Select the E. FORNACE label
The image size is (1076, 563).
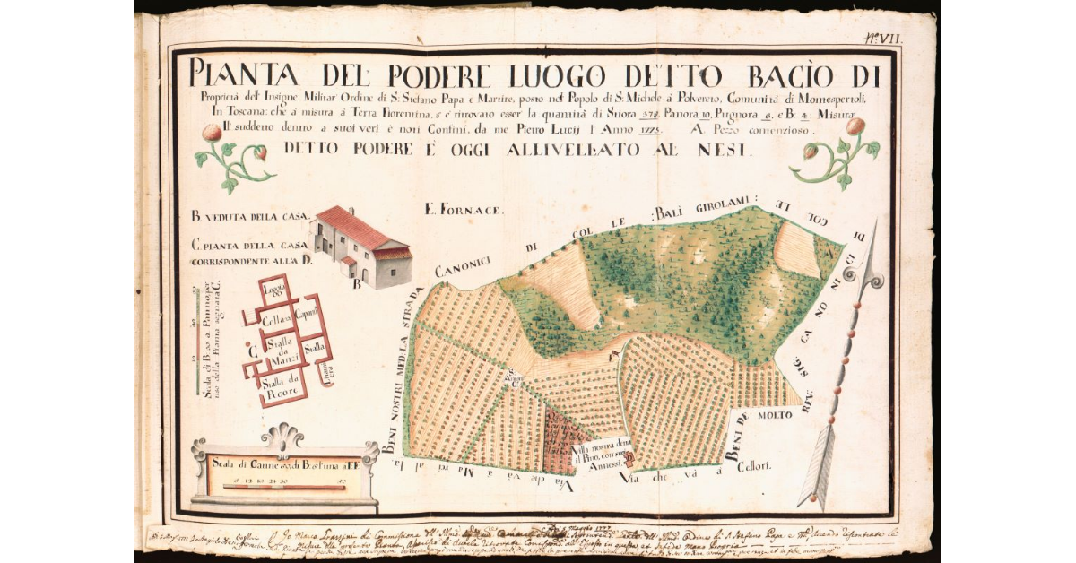click(464, 211)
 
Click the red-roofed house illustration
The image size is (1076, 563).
click(360, 247)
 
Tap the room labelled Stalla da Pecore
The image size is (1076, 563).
click(280, 387)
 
